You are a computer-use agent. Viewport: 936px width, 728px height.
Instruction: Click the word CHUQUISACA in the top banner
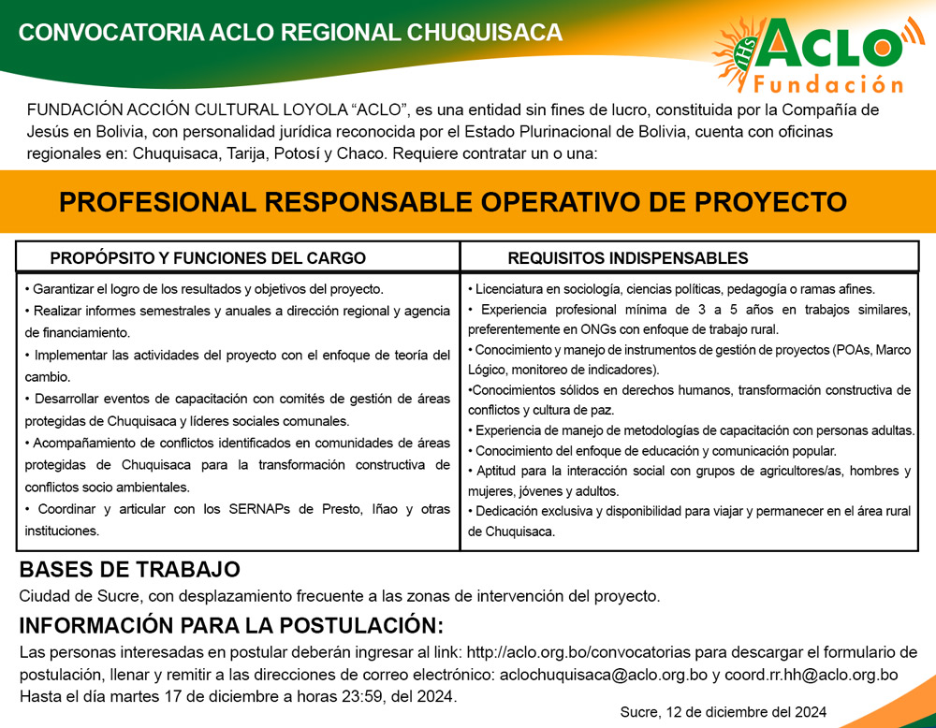tap(484, 32)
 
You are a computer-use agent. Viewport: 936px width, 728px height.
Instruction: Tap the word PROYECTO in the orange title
tap(770, 202)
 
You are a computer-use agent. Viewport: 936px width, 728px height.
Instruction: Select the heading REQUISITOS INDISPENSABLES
tap(628, 257)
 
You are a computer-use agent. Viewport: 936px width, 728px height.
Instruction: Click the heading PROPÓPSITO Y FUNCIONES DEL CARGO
tap(208, 257)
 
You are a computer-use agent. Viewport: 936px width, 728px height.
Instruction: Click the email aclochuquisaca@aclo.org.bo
tap(604, 675)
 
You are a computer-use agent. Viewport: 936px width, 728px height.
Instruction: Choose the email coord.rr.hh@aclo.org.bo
tap(812, 675)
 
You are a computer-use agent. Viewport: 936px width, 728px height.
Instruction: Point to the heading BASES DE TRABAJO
tap(129, 569)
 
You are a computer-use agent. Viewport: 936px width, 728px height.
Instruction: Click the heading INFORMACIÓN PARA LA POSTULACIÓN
tap(231, 625)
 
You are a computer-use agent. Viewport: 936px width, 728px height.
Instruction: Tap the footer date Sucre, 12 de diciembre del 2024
tap(724, 712)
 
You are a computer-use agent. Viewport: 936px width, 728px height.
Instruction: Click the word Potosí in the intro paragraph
tap(297, 153)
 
